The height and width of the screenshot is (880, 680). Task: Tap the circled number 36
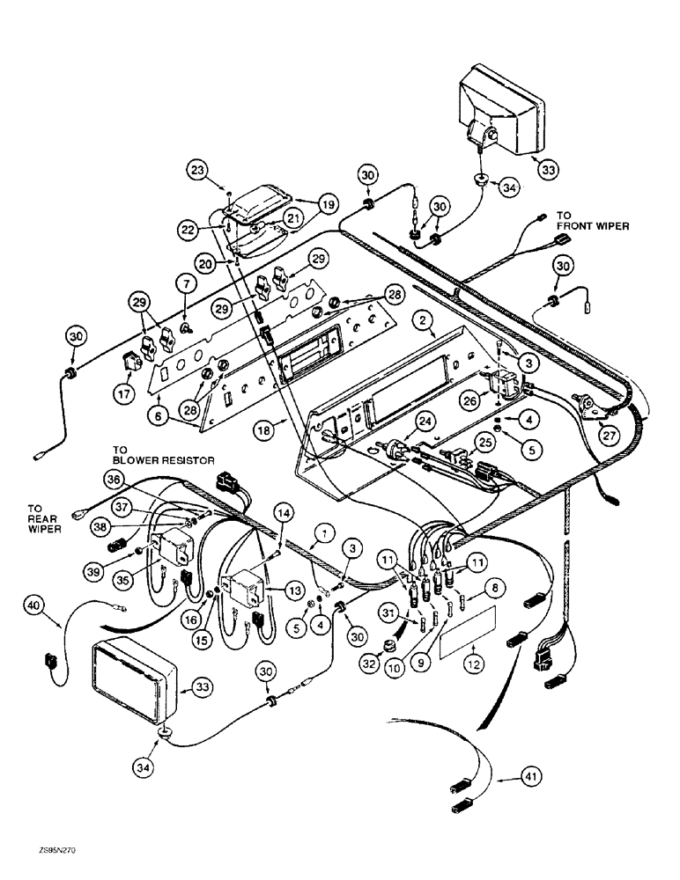[112, 479]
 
